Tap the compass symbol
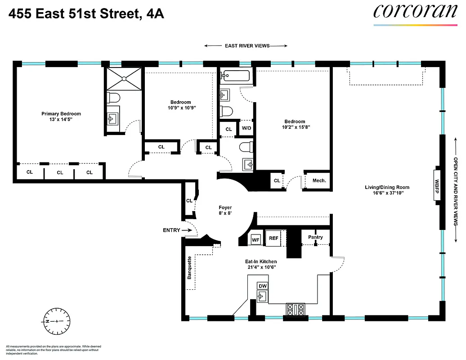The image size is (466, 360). click(x=57, y=321)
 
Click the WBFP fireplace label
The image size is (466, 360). click(x=436, y=186)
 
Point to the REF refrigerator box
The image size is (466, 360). click(x=273, y=238)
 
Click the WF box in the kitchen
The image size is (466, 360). click(x=255, y=238)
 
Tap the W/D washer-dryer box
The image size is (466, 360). click(x=246, y=128)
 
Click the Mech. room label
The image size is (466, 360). click(x=319, y=180)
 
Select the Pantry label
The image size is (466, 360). click(x=315, y=237)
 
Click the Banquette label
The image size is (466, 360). click(x=189, y=268)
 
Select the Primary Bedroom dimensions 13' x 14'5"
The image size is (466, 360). click(x=61, y=120)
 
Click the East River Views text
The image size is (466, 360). click(x=246, y=45)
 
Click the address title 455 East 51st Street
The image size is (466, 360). click(x=85, y=14)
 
